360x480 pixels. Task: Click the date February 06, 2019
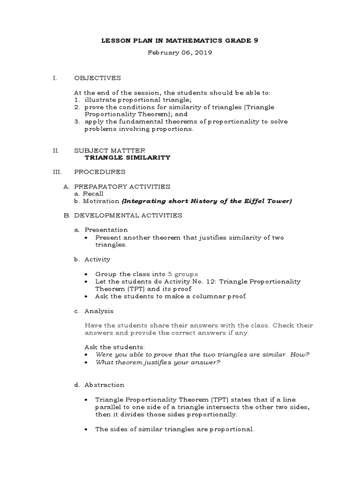coord(180,53)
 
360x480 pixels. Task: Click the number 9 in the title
coord(255,41)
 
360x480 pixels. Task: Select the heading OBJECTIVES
coord(97,78)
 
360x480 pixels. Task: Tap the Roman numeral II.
coord(55,150)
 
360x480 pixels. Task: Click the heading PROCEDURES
coord(99,172)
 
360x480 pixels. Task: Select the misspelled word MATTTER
coord(122,150)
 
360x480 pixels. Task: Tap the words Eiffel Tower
coord(269,201)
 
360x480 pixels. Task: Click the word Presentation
coord(106,230)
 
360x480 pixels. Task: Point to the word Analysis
coord(99,311)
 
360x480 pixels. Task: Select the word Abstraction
coord(104,385)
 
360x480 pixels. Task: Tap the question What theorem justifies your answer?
coord(157,362)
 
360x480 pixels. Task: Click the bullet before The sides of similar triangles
coord(88,429)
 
